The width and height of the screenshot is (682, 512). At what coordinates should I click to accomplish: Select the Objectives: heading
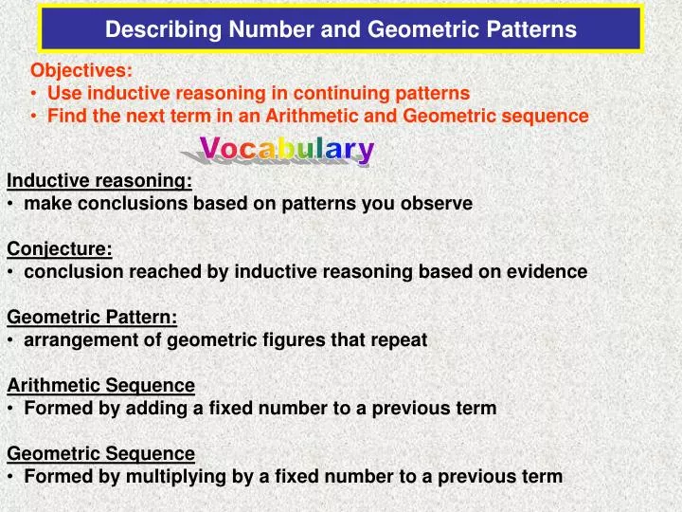coord(81,69)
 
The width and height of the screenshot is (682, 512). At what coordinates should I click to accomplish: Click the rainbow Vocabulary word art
coord(287,150)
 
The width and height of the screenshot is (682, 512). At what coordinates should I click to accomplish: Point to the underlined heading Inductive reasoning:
coord(99,180)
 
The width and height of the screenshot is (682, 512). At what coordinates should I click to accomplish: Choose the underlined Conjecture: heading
coord(60,248)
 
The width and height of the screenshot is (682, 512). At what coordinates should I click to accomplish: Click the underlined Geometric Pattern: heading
coord(92,317)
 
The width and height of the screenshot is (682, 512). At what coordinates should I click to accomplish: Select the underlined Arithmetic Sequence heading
coord(101,385)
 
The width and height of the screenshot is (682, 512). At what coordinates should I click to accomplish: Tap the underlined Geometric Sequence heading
coord(101,453)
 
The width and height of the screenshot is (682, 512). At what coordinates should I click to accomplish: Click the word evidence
coord(549,271)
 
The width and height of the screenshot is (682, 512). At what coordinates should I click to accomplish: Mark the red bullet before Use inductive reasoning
coord(34,93)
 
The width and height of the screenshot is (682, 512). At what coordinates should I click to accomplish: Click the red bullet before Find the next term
coord(34,117)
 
